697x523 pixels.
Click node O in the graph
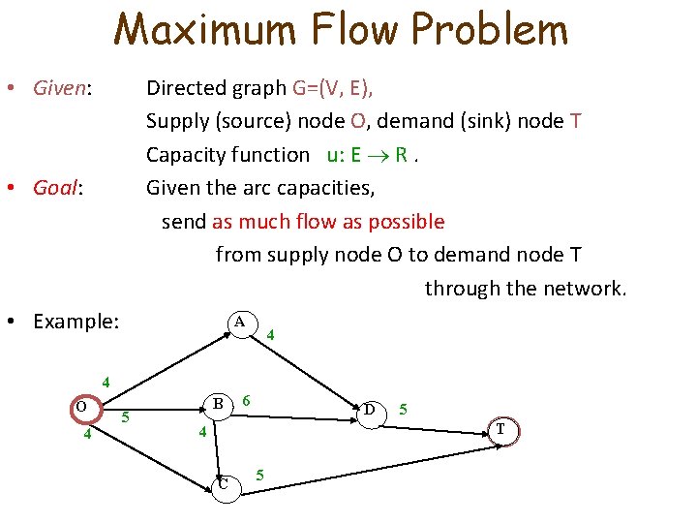(82, 408)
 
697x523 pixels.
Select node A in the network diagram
(239, 322)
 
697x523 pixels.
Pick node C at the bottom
(224, 484)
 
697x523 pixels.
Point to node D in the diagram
(370, 412)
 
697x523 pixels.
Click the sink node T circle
(500, 429)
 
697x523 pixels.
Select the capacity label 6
(249, 400)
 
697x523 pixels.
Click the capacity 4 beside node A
(271, 335)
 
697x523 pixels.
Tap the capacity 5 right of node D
(405, 409)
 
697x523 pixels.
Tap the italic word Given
(60, 88)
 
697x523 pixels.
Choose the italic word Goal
(54, 188)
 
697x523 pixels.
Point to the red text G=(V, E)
(332, 88)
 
